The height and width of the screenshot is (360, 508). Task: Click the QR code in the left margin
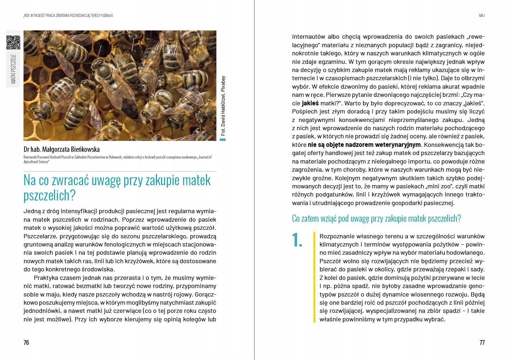click(13, 43)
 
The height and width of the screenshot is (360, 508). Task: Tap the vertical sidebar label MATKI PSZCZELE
click(13, 69)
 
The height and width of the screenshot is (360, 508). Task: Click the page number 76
click(26, 342)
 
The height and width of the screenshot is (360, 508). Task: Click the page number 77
click(482, 342)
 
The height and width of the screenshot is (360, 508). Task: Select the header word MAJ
click(482, 16)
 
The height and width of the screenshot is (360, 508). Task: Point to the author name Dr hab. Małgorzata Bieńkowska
click(61, 149)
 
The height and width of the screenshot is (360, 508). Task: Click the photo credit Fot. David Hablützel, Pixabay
click(223, 106)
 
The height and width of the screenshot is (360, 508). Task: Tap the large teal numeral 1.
click(297, 240)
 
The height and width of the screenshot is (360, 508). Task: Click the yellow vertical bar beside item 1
click(314, 277)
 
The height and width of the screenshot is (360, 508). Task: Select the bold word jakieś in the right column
click(310, 103)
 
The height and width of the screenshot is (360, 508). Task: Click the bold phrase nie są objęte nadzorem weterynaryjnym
click(364, 145)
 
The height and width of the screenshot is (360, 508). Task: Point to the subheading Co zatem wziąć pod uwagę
click(376, 218)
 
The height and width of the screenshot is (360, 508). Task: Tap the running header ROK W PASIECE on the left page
click(37, 16)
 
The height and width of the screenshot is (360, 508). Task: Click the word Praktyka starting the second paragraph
click(45, 278)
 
